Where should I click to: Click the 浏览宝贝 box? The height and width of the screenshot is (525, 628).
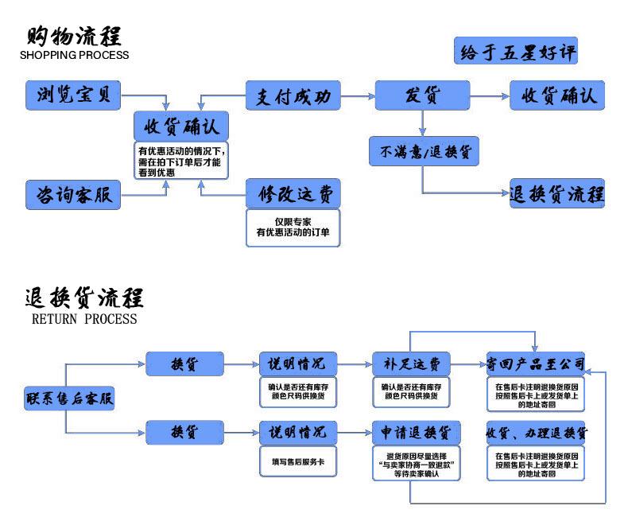(x=73, y=95)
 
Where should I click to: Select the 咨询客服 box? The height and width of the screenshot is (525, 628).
(x=73, y=194)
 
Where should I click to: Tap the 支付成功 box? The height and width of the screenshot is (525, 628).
(x=293, y=96)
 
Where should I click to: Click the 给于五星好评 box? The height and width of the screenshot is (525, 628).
(x=515, y=52)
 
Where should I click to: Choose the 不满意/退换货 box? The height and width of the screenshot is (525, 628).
(x=424, y=150)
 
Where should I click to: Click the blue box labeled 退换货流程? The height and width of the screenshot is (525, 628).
(x=556, y=194)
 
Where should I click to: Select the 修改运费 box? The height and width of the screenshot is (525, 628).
(x=293, y=192)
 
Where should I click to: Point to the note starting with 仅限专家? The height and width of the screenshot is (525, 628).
(x=293, y=226)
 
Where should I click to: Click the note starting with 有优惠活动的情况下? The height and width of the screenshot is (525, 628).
(x=182, y=161)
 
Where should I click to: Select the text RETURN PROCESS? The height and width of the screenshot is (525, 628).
(x=84, y=319)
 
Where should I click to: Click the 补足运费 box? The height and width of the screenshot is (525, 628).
(x=411, y=364)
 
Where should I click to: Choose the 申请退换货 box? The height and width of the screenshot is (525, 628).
(x=411, y=433)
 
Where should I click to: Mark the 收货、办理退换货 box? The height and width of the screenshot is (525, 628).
(x=535, y=433)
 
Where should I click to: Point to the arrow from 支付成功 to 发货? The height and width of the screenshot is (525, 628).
(x=358, y=96)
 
